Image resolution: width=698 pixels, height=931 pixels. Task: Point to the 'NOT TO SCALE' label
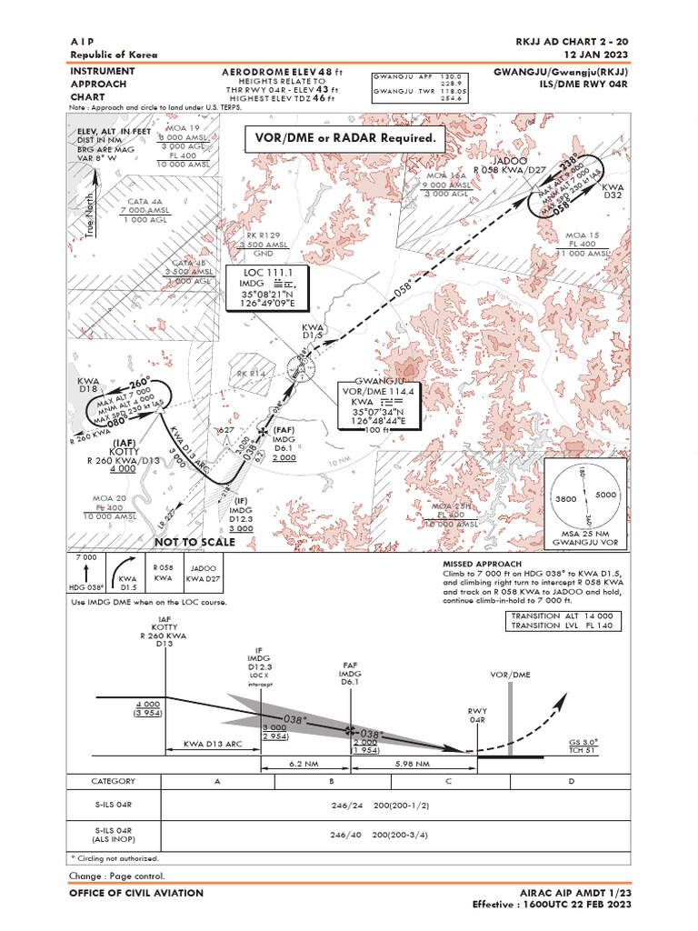[x=194, y=542]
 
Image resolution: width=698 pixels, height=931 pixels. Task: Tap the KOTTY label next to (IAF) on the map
[x=124, y=451]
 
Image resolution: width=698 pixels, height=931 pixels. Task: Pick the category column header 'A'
[x=216, y=781]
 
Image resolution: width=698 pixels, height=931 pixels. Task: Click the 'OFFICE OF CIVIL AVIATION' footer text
[x=136, y=893]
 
